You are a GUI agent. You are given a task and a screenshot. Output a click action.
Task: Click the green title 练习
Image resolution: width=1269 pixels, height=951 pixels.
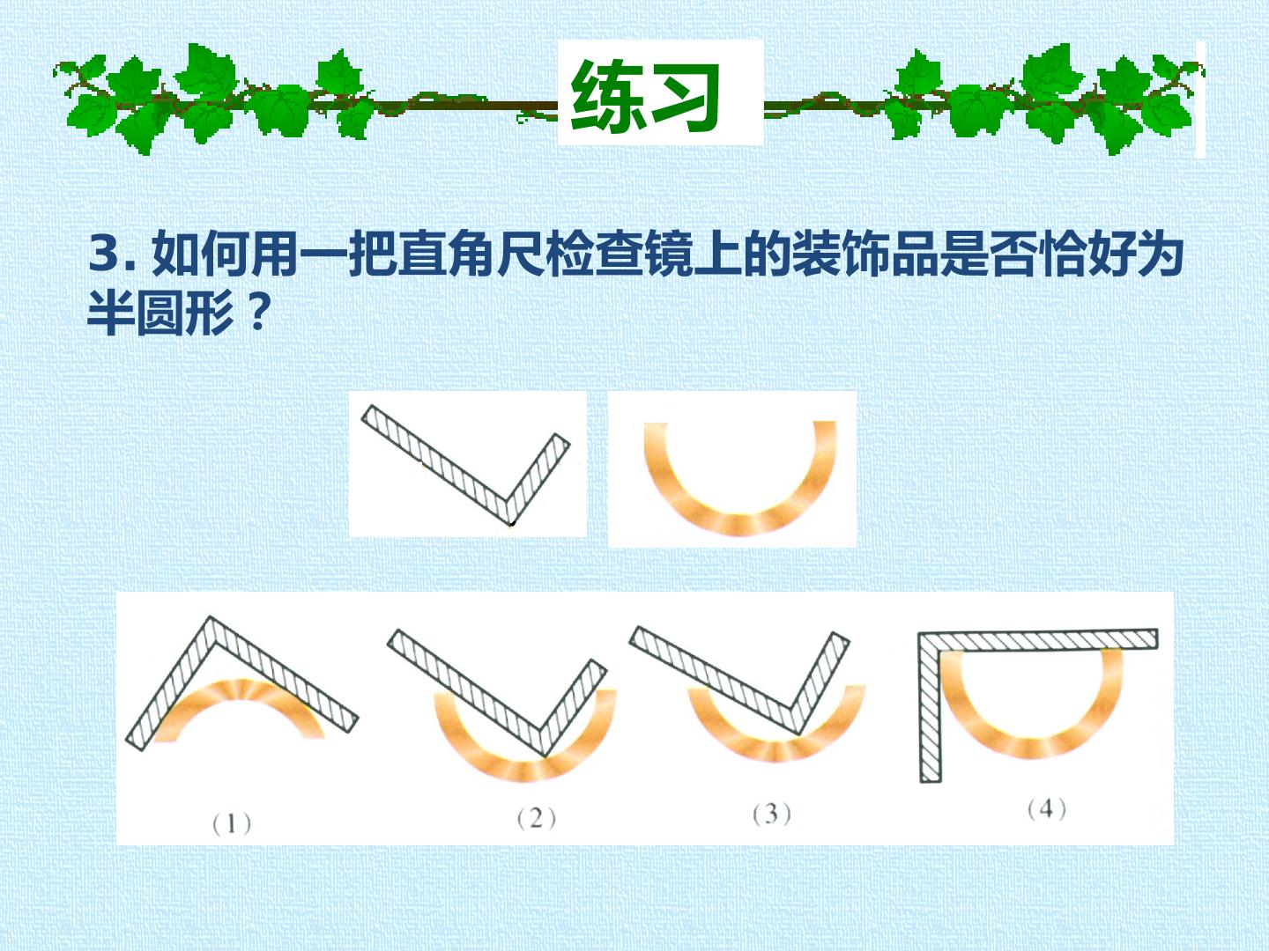pos(645,96)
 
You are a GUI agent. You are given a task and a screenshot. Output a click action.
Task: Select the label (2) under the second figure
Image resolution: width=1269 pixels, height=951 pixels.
pos(537,819)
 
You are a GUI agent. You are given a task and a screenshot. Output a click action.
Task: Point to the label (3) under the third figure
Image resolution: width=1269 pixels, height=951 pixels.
pos(772,815)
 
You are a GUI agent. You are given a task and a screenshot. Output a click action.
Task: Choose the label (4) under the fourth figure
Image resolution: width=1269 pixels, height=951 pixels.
pos(1047,809)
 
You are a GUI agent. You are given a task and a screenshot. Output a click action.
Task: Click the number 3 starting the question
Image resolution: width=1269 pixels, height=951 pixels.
pos(104,254)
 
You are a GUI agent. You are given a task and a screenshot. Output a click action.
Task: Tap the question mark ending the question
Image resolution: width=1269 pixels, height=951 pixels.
pos(255,311)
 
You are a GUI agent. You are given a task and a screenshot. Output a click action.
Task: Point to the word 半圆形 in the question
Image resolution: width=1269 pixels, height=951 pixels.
pos(160,312)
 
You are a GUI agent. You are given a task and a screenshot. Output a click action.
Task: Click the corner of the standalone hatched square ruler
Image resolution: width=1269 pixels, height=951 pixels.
pos(511,523)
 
